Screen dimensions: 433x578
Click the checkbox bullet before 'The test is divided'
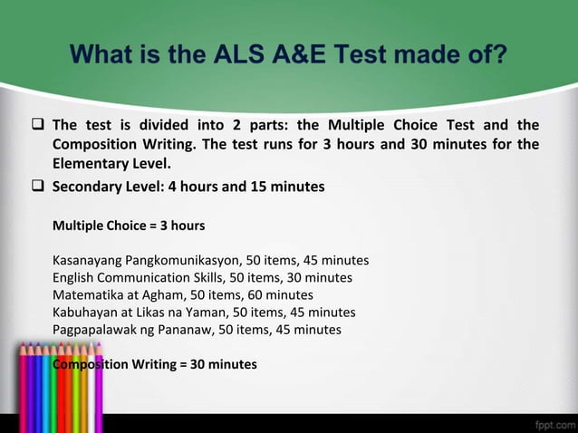(x=40, y=125)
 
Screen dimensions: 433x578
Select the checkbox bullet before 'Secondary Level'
(x=40, y=188)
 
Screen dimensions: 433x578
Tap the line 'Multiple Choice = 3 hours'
(x=129, y=225)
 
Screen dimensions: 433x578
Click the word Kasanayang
(x=88, y=260)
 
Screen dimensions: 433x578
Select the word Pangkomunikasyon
(x=185, y=260)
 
